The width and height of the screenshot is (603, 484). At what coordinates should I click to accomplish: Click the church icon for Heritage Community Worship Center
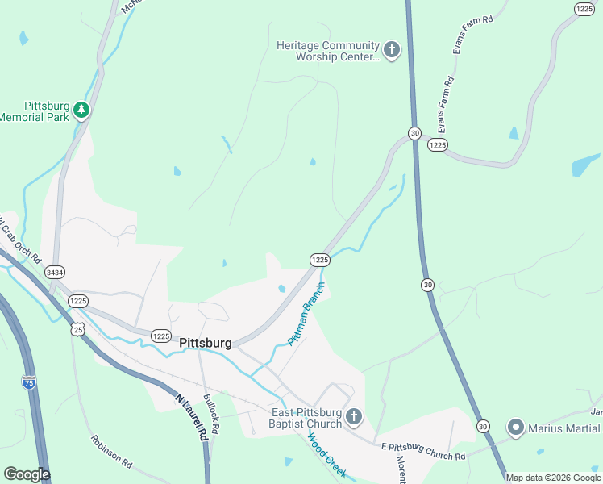[391, 51]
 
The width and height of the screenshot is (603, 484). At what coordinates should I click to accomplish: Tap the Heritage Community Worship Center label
[327, 51]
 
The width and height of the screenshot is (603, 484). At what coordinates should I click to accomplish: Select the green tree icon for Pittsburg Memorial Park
[81, 111]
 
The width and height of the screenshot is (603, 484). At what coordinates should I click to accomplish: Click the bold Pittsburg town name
[206, 343]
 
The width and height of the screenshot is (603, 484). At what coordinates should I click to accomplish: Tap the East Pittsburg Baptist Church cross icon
[355, 416]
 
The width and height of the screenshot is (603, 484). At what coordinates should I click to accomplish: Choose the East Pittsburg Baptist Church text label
[306, 417]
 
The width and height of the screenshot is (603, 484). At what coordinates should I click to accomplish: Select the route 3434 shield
[56, 272]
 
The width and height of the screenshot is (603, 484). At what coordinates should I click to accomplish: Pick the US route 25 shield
[77, 328]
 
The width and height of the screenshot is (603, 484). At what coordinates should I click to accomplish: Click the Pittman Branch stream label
[306, 315]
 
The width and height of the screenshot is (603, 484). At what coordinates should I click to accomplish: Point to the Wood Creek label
[327, 456]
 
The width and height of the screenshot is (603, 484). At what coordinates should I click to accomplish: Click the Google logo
[27, 474]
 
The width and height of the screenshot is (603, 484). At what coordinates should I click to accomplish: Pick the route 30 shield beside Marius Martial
[482, 425]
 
